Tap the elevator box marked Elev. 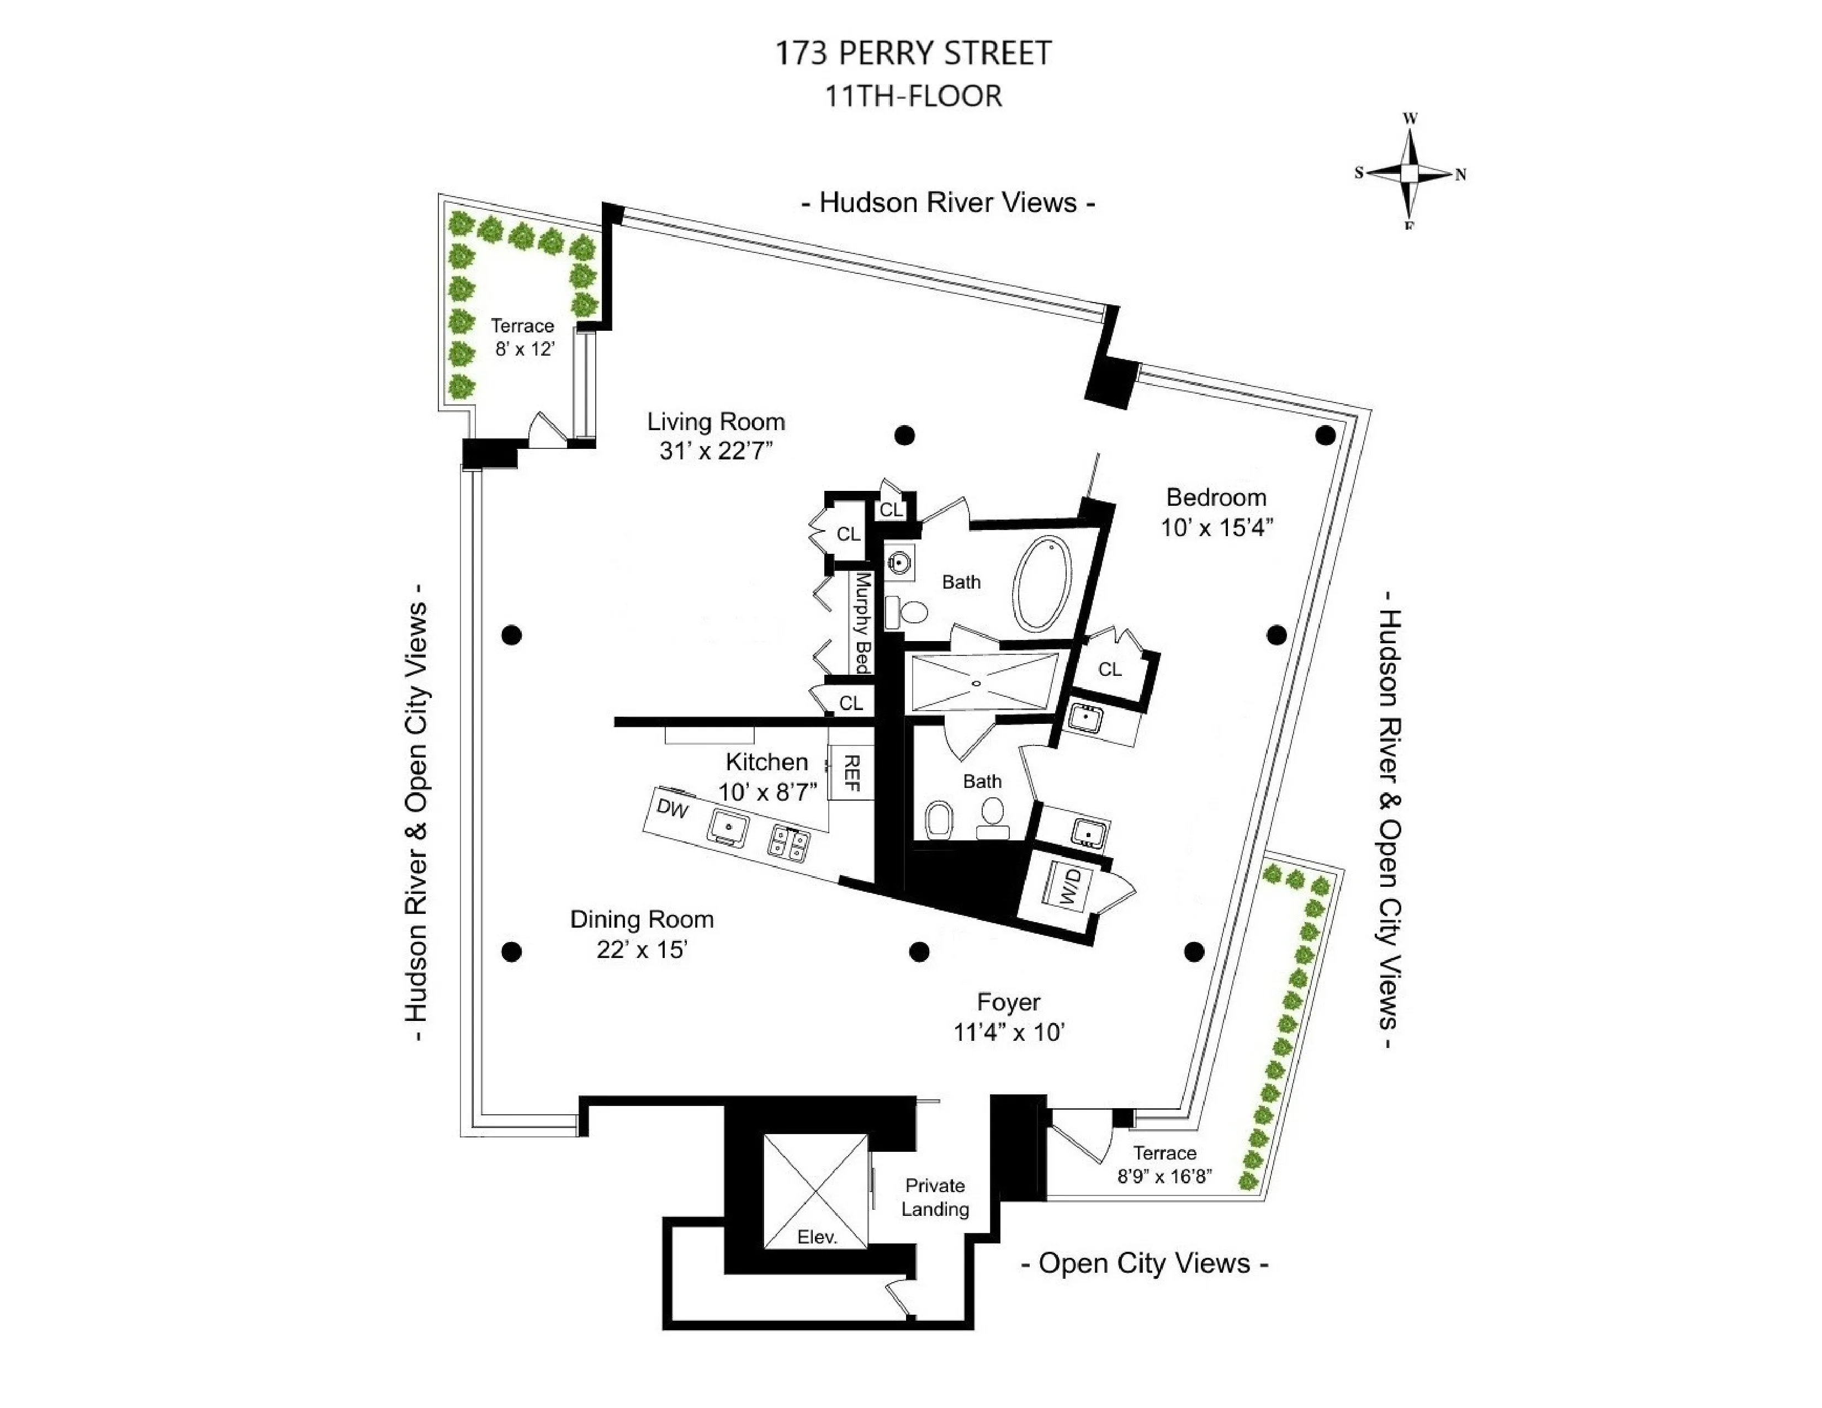click(x=816, y=1191)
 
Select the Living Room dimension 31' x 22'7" click(x=716, y=451)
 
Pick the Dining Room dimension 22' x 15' click(x=642, y=949)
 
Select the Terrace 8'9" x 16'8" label click(x=1164, y=1164)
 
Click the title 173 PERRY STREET click(x=913, y=54)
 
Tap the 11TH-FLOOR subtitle click(x=913, y=97)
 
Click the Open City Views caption click(x=1144, y=1263)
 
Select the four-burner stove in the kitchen click(x=789, y=843)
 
